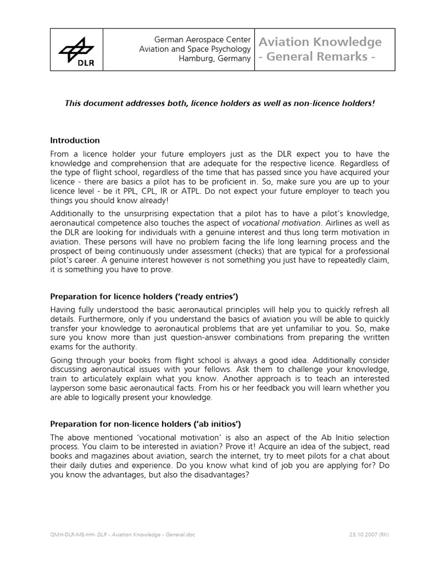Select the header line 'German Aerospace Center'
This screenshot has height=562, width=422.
(x=203, y=40)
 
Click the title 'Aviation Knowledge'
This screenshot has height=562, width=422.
(x=320, y=42)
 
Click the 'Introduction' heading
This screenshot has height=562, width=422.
(x=75, y=140)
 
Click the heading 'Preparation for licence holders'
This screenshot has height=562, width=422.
(x=144, y=296)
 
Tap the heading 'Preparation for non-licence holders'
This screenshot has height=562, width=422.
(x=146, y=424)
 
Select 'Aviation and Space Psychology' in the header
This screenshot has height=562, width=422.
(x=195, y=49)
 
